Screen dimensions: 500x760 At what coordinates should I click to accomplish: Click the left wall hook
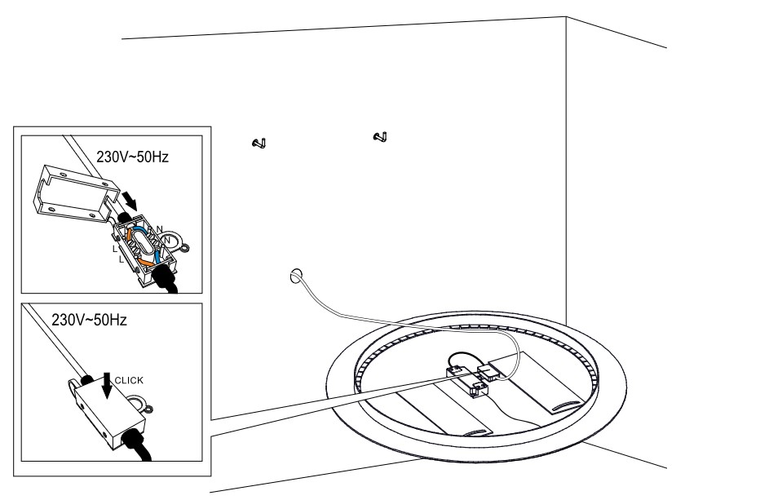260,144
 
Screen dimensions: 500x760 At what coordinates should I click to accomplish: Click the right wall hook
379,136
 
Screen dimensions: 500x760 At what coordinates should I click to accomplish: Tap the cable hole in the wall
295,275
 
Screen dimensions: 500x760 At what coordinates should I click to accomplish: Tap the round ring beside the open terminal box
175,242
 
